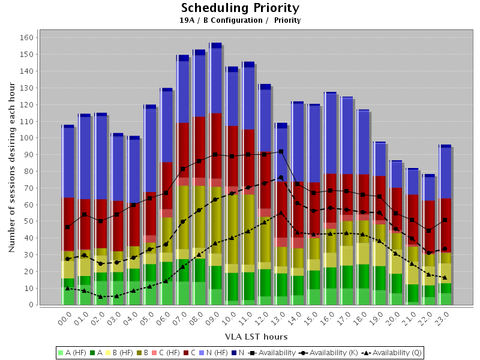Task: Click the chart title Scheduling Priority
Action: coord(240,8)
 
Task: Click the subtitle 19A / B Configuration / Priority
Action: coord(240,20)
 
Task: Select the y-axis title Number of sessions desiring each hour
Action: coord(12,170)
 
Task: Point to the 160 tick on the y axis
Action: coord(26,37)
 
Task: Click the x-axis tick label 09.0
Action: coord(213,316)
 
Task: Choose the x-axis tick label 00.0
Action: coord(66,316)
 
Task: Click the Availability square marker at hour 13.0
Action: coord(281,152)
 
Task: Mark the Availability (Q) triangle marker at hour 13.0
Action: coord(281,213)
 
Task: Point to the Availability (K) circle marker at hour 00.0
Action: coord(68,259)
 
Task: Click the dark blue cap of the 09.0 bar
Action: coord(215,46)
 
